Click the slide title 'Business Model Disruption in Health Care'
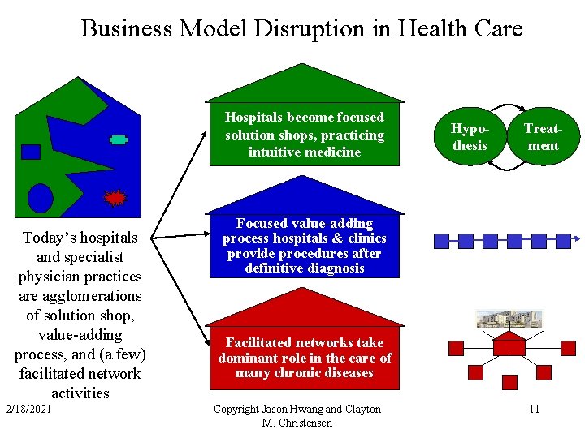tap(301, 29)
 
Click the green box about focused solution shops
tap(304, 135)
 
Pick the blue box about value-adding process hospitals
tap(304, 245)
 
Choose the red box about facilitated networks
tap(304, 357)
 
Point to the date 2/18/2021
tap(28, 409)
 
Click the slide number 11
tap(534, 409)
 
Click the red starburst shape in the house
tap(116, 198)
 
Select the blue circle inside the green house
tap(41, 197)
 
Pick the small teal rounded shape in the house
tap(119, 140)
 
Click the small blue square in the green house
tap(31, 152)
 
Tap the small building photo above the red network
tap(509, 318)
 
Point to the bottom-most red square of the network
tap(509, 381)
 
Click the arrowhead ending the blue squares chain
tap(575, 240)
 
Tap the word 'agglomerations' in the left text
tap(80, 296)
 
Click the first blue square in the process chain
tap(442, 240)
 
